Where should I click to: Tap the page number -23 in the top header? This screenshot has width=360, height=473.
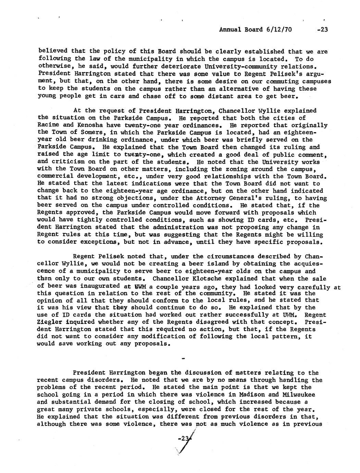[x=322, y=29]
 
